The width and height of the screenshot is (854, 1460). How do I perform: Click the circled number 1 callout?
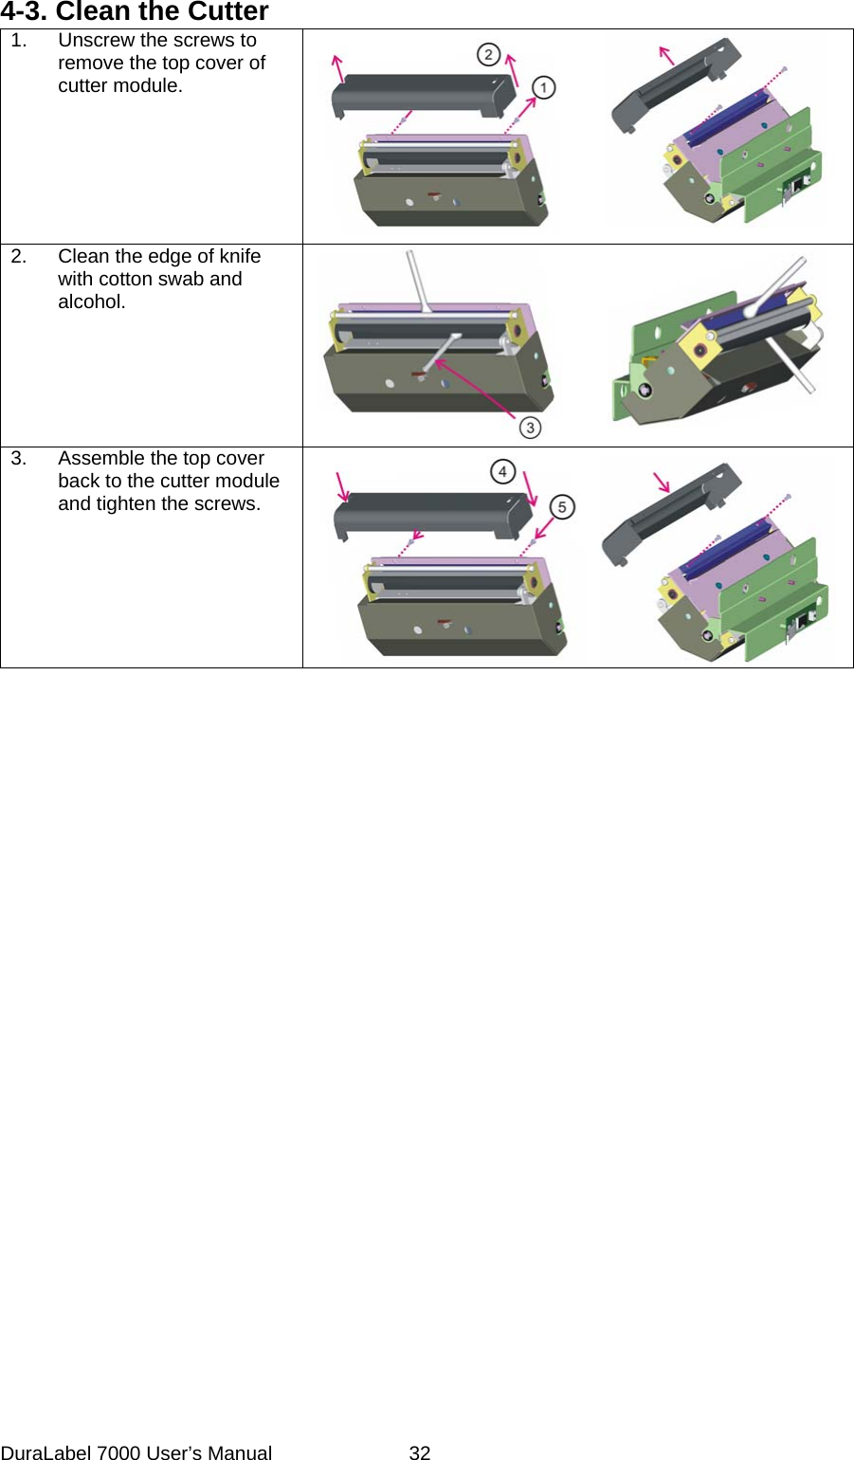543,87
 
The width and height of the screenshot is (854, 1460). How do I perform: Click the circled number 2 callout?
488,54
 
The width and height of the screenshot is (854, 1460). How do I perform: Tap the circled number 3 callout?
530,428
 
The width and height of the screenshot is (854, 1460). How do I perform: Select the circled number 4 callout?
502,471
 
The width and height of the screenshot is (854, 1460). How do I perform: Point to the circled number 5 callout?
561,507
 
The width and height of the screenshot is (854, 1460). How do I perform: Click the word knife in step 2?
239,257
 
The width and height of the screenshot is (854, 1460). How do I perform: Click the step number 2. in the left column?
19,257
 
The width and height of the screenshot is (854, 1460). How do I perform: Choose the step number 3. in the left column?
19,459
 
